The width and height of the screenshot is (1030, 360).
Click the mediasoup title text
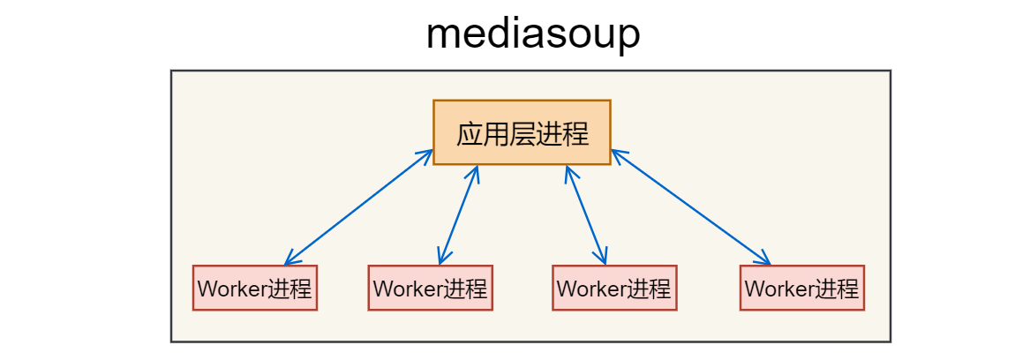[532, 34]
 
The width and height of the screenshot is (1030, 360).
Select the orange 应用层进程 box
[522, 132]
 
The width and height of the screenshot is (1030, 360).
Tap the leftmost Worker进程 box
[255, 288]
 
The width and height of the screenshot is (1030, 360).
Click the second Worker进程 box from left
[430, 288]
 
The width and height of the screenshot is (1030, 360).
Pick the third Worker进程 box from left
[614, 288]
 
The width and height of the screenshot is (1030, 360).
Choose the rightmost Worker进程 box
[801, 288]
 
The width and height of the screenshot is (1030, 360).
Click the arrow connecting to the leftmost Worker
[359, 207]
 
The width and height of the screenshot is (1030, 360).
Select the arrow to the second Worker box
[458, 215]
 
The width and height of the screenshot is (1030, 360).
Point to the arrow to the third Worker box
[586, 215]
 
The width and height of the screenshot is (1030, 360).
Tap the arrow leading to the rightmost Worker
[690, 207]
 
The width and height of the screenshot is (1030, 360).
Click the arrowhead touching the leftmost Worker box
[289, 261]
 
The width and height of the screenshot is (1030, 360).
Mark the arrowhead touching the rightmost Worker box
[766, 260]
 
